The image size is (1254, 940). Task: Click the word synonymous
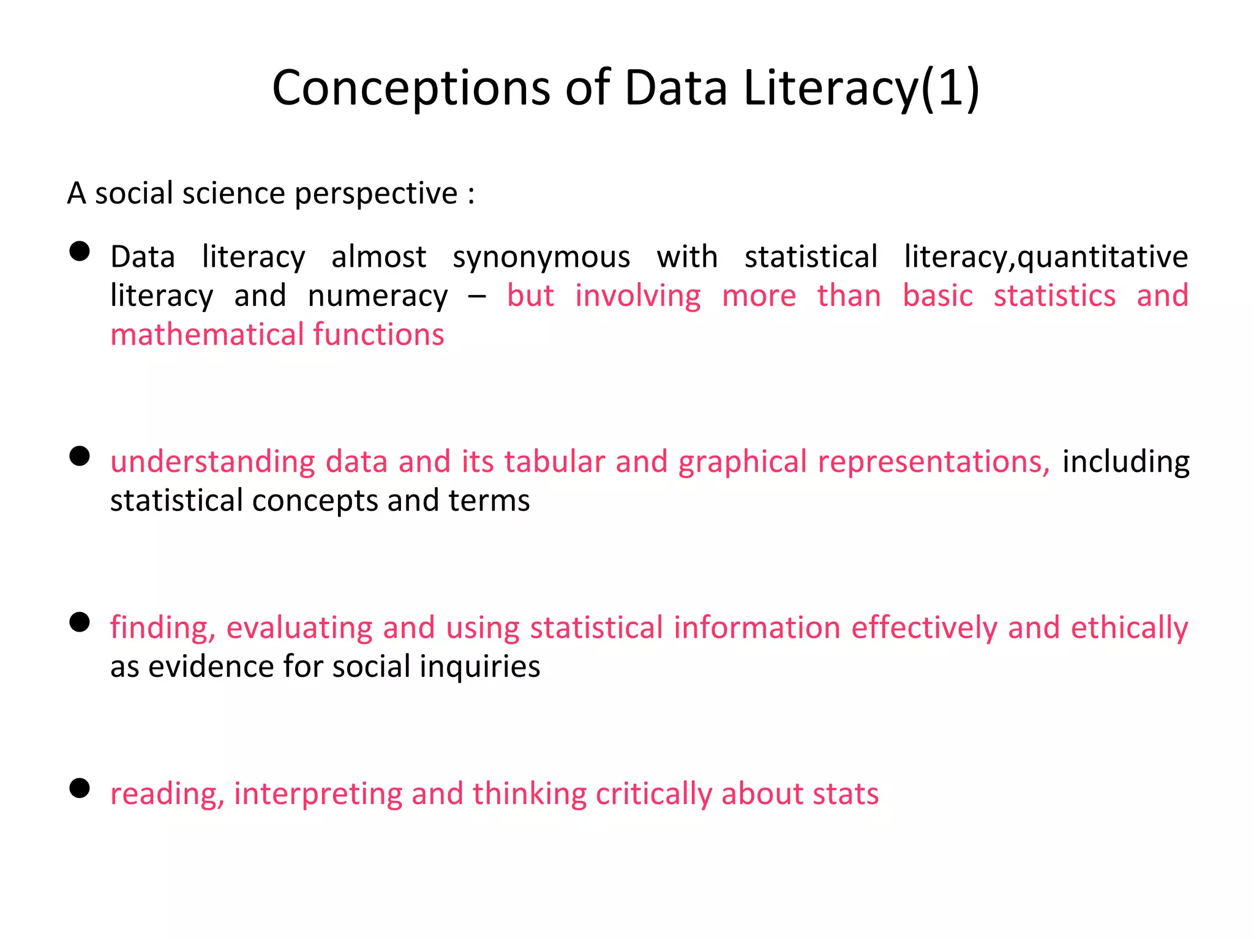tap(541, 257)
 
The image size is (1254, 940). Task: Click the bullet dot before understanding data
tap(80, 456)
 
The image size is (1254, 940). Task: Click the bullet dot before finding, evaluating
tap(80, 622)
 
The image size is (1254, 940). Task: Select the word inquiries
tap(479, 666)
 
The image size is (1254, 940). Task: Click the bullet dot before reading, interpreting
tap(80, 788)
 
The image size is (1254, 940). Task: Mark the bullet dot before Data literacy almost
tap(80, 251)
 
